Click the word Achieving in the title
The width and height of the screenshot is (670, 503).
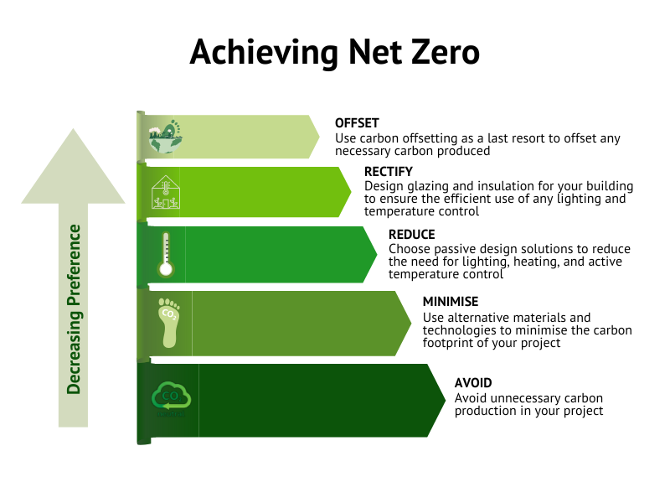(264, 53)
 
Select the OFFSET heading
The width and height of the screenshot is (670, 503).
(357, 123)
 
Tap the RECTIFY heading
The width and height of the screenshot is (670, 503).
(389, 172)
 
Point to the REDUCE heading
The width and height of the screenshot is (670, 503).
(412, 235)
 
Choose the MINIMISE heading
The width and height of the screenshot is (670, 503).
(451, 302)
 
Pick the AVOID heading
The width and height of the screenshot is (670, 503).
(473, 382)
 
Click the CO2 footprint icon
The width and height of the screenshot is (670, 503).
(169, 323)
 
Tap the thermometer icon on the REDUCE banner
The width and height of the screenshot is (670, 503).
(165, 255)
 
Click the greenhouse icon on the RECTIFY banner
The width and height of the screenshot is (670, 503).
(166, 193)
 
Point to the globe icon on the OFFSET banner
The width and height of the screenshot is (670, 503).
(165, 137)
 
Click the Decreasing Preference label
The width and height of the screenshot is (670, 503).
(74, 309)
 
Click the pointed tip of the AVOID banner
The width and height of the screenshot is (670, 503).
(446, 401)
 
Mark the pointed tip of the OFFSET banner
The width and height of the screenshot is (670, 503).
(319, 137)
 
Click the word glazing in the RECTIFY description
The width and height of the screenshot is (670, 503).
(429, 186)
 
